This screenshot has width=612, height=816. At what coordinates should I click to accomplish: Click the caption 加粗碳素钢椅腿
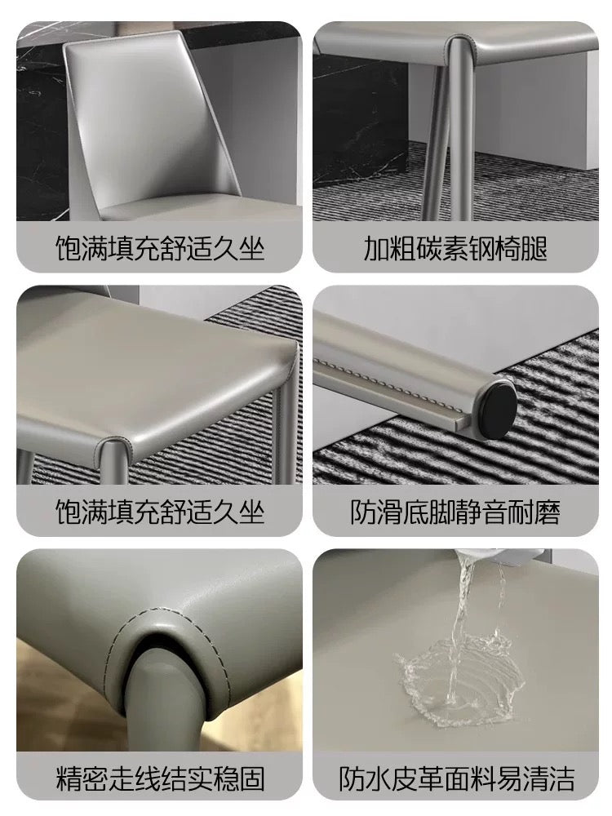coord(455,249)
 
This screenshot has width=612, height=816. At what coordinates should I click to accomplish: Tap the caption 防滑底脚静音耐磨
coord(455,513)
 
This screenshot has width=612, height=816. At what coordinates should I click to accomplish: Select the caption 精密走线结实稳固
coord(160,778)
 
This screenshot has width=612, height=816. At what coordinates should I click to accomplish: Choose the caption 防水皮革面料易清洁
coord(455,778)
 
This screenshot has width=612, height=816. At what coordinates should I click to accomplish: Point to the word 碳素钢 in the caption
coord(455,249)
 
